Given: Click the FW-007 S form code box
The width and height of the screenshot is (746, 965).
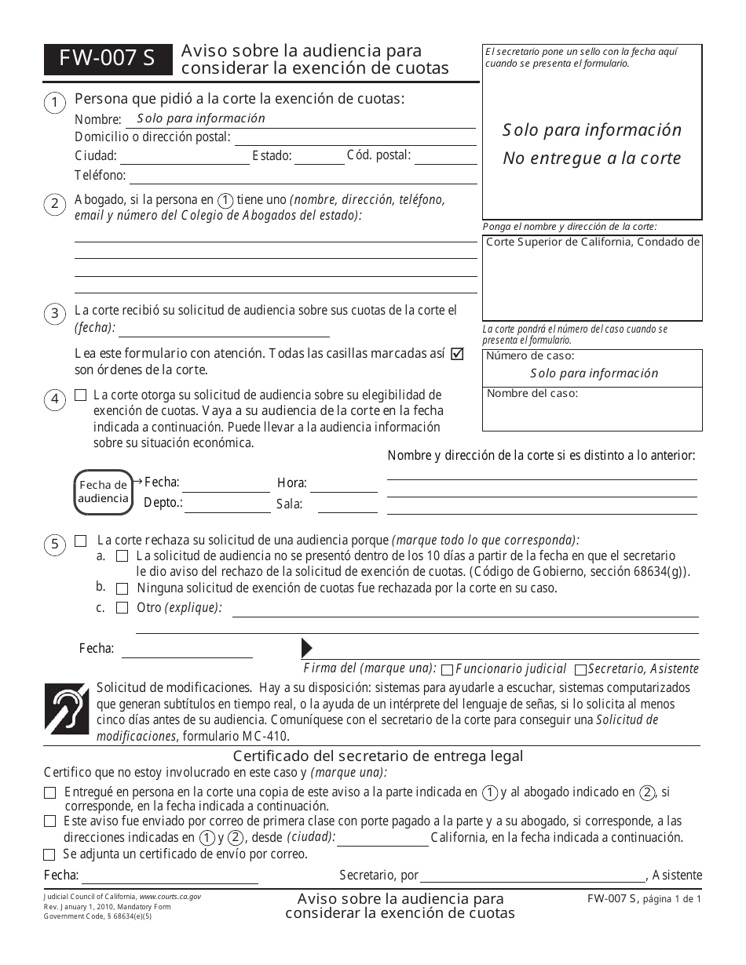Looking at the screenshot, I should [108, 60].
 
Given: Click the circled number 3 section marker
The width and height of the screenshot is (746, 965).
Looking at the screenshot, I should [54, 314].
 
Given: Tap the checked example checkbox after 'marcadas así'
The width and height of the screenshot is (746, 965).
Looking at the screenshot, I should [457, 354].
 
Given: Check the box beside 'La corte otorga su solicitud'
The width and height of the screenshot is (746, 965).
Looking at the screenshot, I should [80, 395].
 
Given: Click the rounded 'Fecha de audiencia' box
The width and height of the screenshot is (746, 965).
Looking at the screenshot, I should [103, 492].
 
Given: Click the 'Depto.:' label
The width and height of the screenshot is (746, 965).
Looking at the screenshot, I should [163, 503].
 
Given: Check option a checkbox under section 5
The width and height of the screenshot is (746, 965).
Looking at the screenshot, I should [122, 555].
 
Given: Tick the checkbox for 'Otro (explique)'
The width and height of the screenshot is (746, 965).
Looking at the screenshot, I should [122, 607].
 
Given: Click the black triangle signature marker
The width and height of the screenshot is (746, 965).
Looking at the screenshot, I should [306, 648].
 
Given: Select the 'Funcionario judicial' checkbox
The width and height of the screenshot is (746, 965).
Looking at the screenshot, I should [447, 669].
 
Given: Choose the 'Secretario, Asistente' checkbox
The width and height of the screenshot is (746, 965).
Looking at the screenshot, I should [580, 669].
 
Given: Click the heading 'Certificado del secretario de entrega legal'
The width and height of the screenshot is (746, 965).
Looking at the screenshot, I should [378, 756].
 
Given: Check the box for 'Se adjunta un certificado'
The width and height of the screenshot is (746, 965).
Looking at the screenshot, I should [49, 854].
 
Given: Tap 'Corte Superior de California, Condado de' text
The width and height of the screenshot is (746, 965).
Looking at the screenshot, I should [592, 242].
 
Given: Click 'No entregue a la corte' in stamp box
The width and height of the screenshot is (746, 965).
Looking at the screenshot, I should [591, 158].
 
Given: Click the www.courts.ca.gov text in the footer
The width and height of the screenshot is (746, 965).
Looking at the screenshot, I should [170, 896].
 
